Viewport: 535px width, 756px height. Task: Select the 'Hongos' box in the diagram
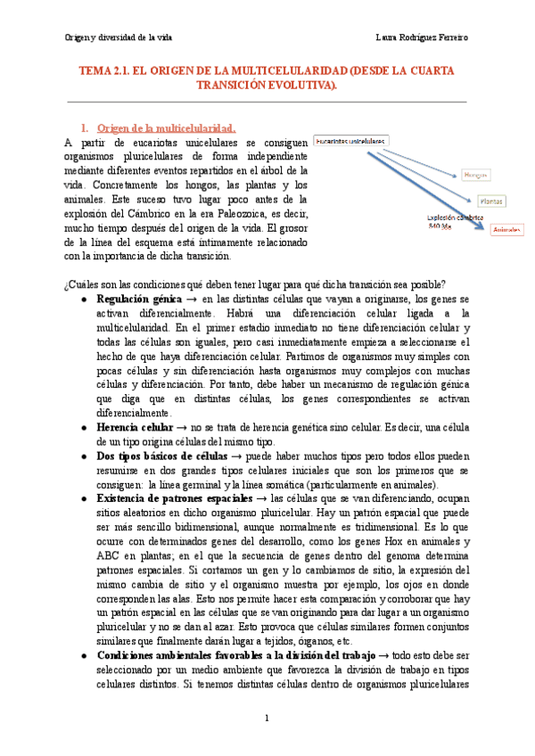pyautogui.click(x=475, y=176)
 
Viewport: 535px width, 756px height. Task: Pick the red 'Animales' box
pyautogui.click(x=506, y=229)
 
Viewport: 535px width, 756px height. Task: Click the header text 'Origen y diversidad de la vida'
pyautogui.click(x=119, y=37)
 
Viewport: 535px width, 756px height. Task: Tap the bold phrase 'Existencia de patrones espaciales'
pyautogui.click(x=179, y=498)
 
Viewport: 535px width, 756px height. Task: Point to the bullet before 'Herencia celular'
pyautogui.click(x=84, y=429)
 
